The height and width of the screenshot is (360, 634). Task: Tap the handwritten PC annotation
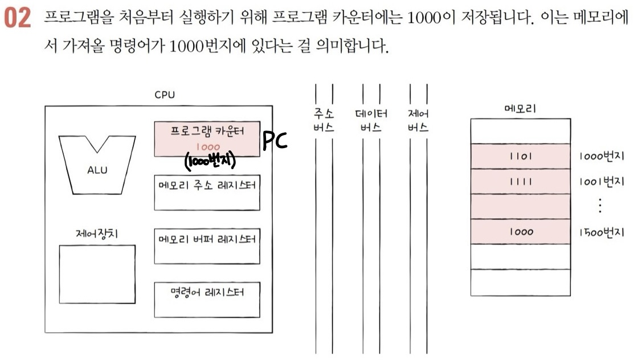(x=275, y=141)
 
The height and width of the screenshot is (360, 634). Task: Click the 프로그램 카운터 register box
(x=207, y=138)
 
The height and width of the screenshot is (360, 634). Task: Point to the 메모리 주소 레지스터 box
(x=207, y=192)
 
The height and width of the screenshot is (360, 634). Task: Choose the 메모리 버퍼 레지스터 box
(x=207, y=246)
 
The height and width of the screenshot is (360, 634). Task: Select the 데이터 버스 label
(x=371, y=121)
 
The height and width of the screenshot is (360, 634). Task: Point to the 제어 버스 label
(x=418, y=121)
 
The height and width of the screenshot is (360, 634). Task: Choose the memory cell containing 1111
(x=520, y=182)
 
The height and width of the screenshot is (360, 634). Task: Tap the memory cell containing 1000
(x=520, y=232)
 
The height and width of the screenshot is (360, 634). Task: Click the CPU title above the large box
(x=165, y=95)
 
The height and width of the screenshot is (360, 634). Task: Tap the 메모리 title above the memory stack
(x=520, y=108)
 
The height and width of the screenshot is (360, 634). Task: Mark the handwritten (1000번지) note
(x=211, y=161)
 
